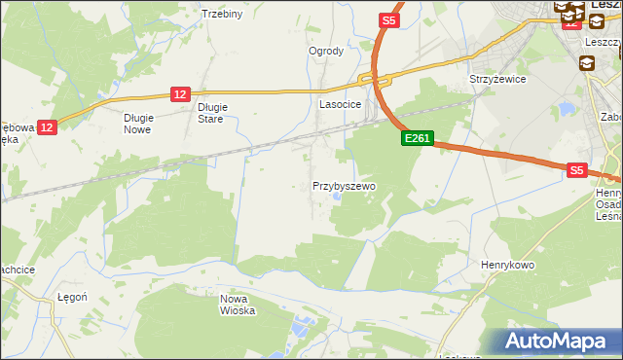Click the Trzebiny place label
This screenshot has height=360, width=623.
[x=221, y=14]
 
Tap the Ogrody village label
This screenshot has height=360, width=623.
[x=326, y=51]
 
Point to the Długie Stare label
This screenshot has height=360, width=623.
[x=211, y=113]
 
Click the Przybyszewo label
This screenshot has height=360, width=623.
[x=344, y=185]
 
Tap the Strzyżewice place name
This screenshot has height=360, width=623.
[x=497, y=79]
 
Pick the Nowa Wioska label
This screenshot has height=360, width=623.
[x=238, y=305]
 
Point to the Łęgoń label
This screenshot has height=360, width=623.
[x=73, y=297]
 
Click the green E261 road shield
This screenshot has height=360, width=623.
[x=417, y=140]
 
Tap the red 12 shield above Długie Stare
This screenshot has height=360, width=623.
[x=179, y=93]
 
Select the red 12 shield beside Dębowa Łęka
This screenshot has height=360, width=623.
[x=49, y=126]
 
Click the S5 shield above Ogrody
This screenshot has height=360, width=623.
[x=389, y=19]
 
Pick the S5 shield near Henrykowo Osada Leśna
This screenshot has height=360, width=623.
[x=576, y=169]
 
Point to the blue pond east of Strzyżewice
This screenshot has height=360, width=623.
[x=567, y=109]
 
